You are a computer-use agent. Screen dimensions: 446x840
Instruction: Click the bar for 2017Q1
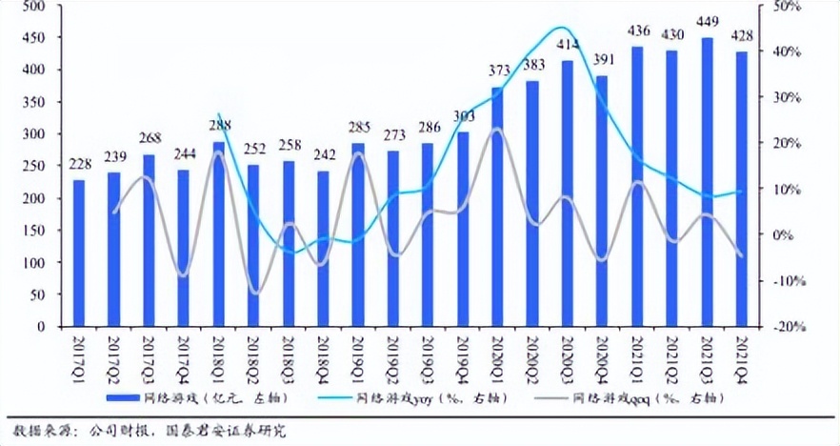(x=79, y=253)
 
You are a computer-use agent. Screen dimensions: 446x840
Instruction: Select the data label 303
(x=465, y=116)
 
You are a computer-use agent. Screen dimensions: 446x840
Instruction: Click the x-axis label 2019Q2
(x=394, y=355)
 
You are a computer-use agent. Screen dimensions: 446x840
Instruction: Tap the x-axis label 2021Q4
(x=743, y=355)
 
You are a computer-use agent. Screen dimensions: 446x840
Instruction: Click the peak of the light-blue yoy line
(x=562, y=28)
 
